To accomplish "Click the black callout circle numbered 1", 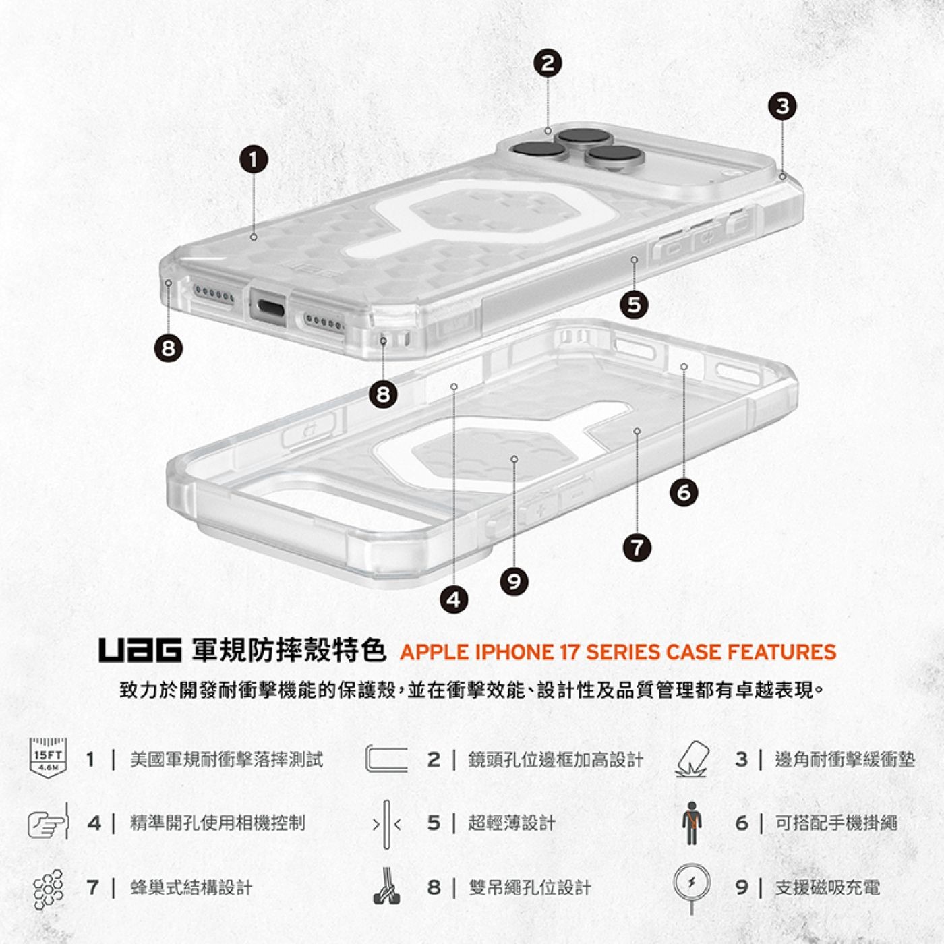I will coord(253,160).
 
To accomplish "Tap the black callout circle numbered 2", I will coord(548,63).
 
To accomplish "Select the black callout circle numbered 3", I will coord(782,106).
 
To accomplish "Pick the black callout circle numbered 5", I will coord(634,305).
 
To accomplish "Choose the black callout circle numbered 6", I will coord(684,493).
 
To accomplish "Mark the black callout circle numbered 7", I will coord(637,547).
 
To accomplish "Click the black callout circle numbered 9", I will coord(514,581).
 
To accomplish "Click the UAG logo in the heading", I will coord(140,651).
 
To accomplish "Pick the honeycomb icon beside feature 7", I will coord(49,887).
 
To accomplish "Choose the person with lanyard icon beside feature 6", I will coord(691,823).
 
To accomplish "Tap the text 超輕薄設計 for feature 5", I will coord(512,823).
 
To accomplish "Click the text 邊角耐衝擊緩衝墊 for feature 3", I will coord(845,759).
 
